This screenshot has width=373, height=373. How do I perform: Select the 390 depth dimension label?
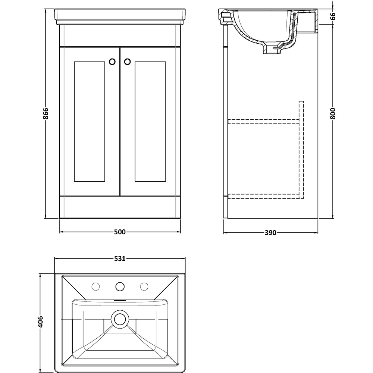click(x=270, y=233)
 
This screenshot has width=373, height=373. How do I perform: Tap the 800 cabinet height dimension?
click(x=333, y=113)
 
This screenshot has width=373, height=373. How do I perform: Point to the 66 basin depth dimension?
click(x=333, y=16)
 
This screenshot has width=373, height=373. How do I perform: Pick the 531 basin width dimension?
click(x=120, y=258)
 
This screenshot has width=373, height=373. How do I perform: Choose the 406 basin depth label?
click(x=41, y=322)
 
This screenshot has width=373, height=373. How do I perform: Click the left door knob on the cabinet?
click(x=112, y=62)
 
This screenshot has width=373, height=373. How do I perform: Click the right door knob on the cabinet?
click(x=127, y=62)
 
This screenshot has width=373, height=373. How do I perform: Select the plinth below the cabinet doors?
click(x=119, y=207)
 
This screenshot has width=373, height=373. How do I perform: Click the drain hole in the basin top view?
click(x=120, y=319)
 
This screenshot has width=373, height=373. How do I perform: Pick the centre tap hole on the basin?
click(x=120, y=286)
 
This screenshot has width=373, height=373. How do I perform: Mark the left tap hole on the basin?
click(x=96, y=286)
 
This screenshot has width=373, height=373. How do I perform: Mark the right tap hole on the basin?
click(x=144, y=286)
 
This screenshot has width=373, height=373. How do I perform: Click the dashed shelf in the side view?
click(x=263, y=121)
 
